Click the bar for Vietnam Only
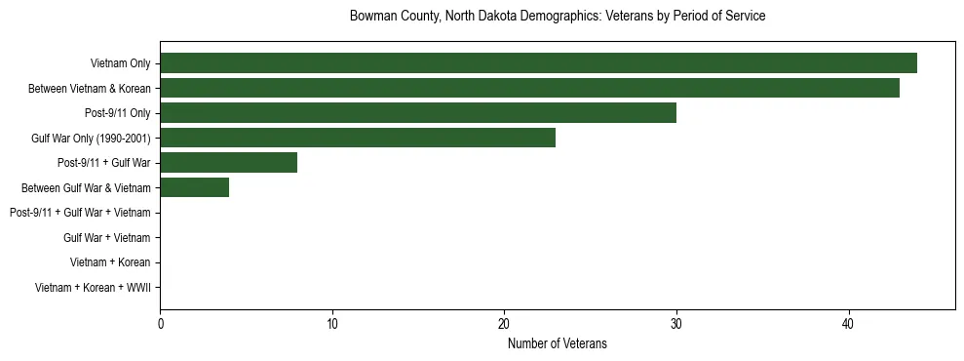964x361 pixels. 538,63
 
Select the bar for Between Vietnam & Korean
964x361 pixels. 529,88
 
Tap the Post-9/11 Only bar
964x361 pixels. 418,113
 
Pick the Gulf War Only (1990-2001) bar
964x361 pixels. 358,138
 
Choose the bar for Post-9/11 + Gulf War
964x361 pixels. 229,163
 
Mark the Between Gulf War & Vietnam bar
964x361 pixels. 195,187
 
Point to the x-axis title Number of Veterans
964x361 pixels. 557,343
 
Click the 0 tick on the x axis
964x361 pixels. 161,324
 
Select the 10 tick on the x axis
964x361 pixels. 332,324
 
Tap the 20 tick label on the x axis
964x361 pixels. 505,324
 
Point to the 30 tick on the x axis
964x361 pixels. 676,324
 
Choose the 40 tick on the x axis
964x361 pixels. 849,324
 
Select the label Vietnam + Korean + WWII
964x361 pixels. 93,288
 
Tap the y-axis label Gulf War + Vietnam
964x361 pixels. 106,238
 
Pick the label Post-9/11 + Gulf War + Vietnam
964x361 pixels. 80,213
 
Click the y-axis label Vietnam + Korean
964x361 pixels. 110,262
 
